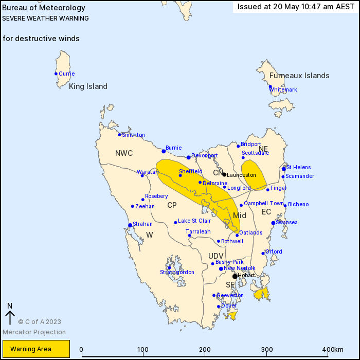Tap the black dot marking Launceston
(224, 174)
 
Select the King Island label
(88, 86)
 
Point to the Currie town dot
(56, 74)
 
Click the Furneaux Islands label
(299, 76)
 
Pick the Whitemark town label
(283, 89)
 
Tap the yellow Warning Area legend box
(35, 349)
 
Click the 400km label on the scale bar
(333, 350)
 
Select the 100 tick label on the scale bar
(143, 350)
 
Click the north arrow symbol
(9, 313)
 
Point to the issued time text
(295, 7)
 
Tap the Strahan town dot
(130, 224)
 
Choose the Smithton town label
(133, 135)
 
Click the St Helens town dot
(284, 169)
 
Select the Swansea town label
(286, 223)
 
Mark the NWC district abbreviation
(124, 153)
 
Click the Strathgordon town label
(177, 272)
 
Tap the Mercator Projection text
(34, 332)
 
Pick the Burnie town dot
(164, 151)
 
